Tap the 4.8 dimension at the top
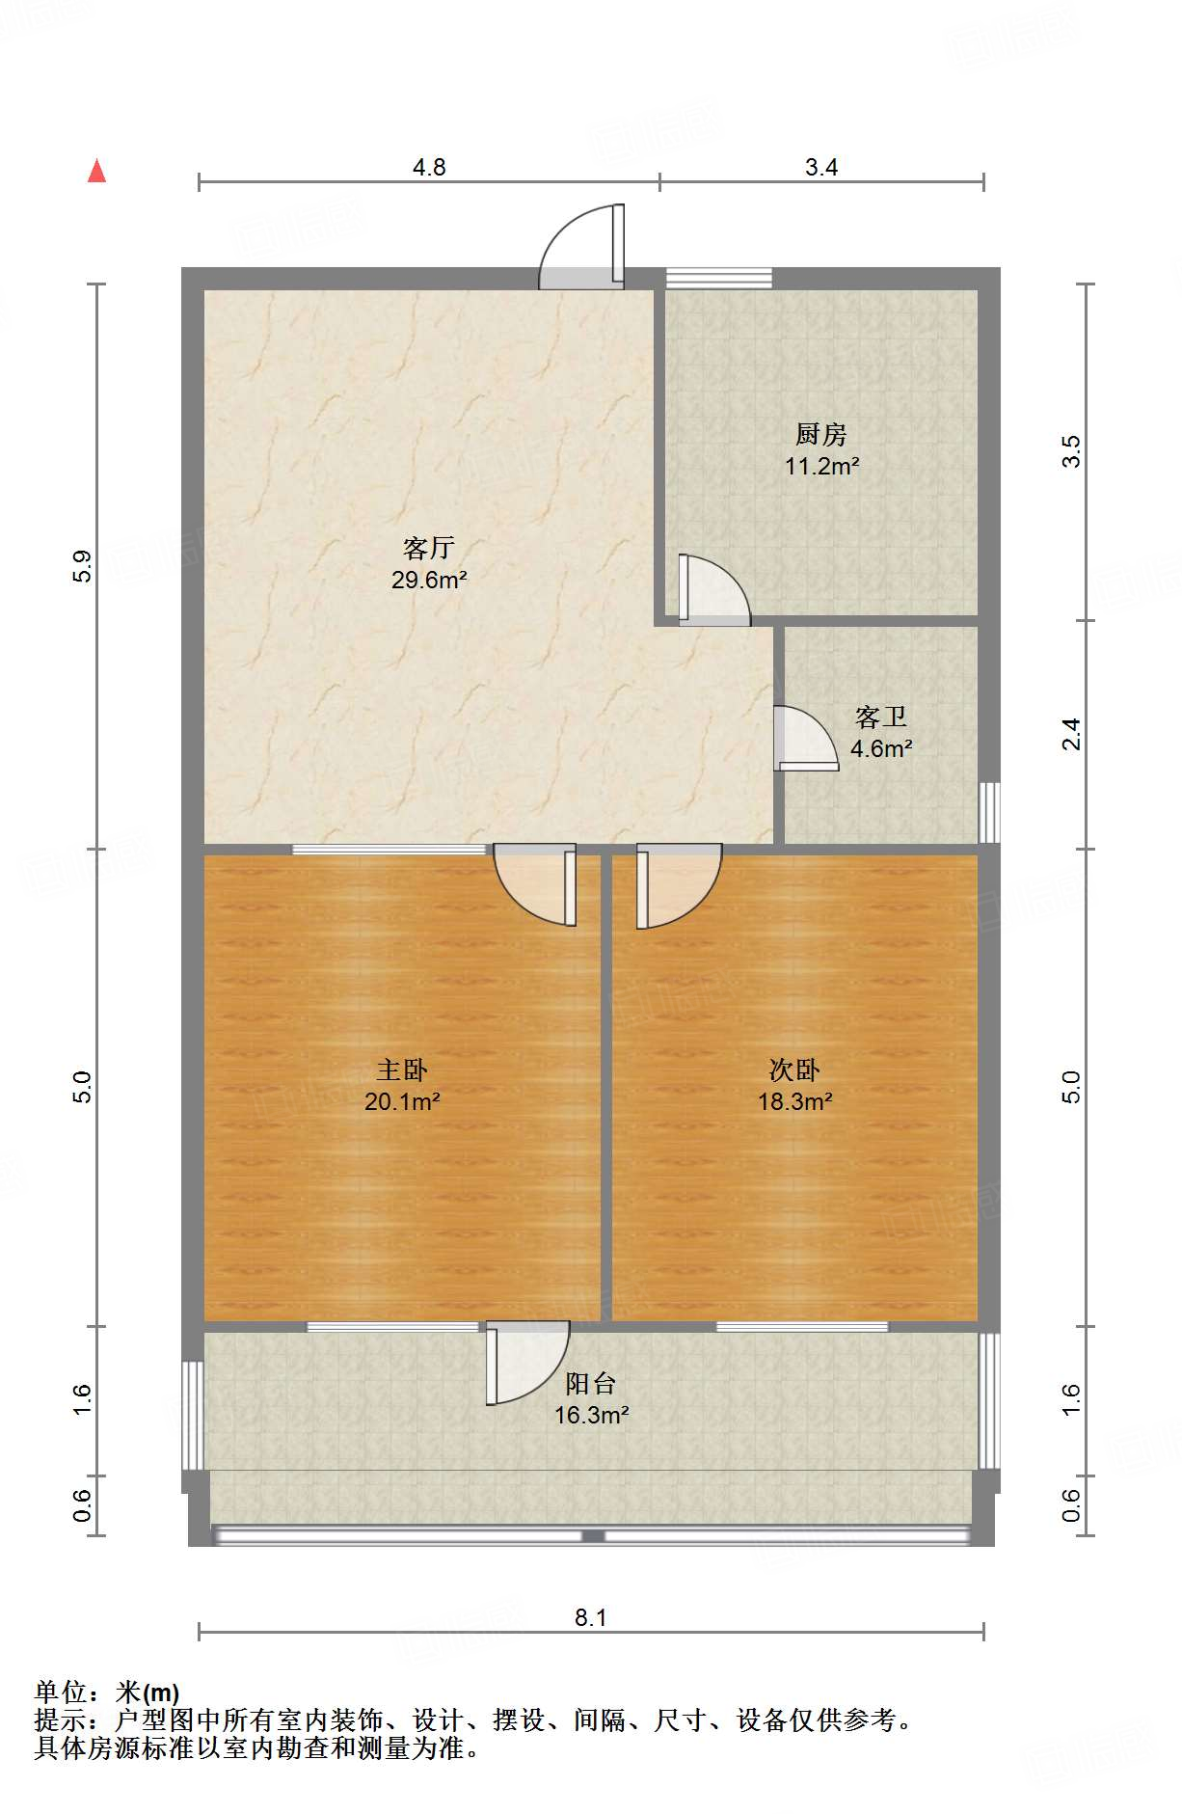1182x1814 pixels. click(429, 167)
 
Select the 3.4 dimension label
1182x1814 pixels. click(821, 167)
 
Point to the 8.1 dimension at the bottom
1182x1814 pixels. click(591, 1617)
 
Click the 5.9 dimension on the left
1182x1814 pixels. click(82, 566)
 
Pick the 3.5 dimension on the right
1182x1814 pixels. click(1071, 451)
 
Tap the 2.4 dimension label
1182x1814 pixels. click(1071, 734)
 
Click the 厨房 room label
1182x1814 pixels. click(821, 434)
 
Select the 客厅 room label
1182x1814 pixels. click(429, 548)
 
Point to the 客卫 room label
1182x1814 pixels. click(881, 717)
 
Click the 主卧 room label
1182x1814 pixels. click(402, 1069)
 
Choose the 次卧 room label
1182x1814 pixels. click(794, 1069)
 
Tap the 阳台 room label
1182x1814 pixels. click(591, 1384)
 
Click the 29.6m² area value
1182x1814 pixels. click(429, 580)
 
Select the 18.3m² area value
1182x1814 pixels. click(794, 1101)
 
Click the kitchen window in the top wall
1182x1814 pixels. click(719, 278)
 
